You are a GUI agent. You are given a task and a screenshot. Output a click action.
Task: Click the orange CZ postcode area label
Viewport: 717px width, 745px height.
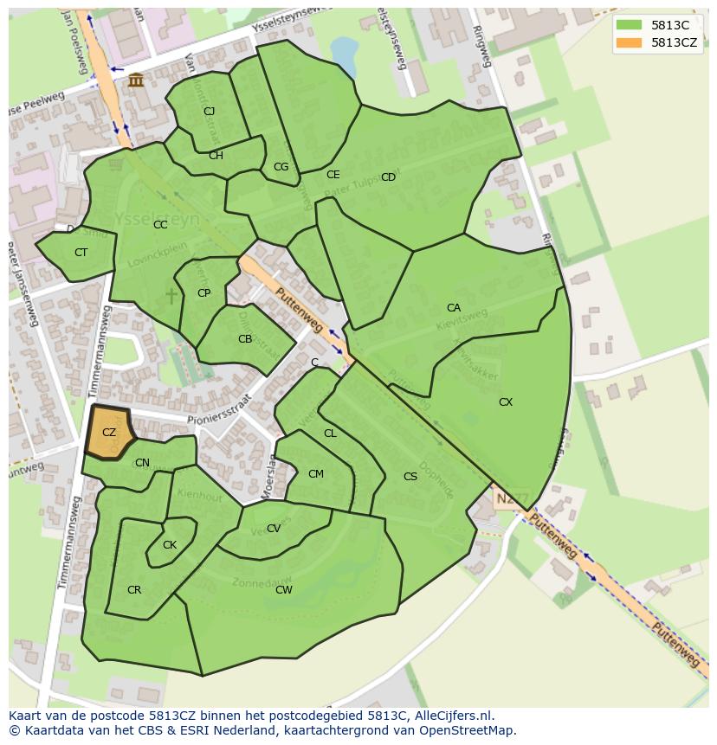point(108,433)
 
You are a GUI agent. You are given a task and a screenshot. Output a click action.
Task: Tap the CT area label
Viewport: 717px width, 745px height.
point(81,253)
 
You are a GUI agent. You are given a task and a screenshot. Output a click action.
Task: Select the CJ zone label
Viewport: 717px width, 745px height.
point(209,112)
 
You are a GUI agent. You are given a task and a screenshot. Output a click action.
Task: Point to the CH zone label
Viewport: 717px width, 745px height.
point(216,156)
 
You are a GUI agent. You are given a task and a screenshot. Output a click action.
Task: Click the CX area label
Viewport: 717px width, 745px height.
point(506,402)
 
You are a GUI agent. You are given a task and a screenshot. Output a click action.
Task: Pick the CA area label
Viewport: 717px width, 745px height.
point(454,308)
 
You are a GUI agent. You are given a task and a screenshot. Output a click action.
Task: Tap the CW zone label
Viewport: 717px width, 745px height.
point(283,590)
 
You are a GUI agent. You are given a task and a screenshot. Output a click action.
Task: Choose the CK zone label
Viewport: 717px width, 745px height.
point(170,545)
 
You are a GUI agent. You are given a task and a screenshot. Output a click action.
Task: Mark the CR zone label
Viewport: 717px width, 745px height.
point(134,590)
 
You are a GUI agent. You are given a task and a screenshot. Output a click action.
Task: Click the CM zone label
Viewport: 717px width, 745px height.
point(316,474)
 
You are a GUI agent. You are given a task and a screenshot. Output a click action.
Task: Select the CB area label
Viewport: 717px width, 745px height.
point(245,339)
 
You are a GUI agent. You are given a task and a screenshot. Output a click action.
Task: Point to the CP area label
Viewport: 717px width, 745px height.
point(203,293)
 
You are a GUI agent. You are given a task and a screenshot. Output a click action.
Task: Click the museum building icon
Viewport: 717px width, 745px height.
point(136,80)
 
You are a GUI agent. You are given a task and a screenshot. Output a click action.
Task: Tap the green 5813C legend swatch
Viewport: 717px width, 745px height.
point(630,26)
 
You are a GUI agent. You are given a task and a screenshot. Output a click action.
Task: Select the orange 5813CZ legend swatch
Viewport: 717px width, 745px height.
point(630,42)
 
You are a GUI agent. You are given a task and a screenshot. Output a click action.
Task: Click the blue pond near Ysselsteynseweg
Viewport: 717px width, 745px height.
point(345,55)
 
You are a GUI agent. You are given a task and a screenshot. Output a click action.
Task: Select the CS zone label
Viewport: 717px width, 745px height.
point(410,477)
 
